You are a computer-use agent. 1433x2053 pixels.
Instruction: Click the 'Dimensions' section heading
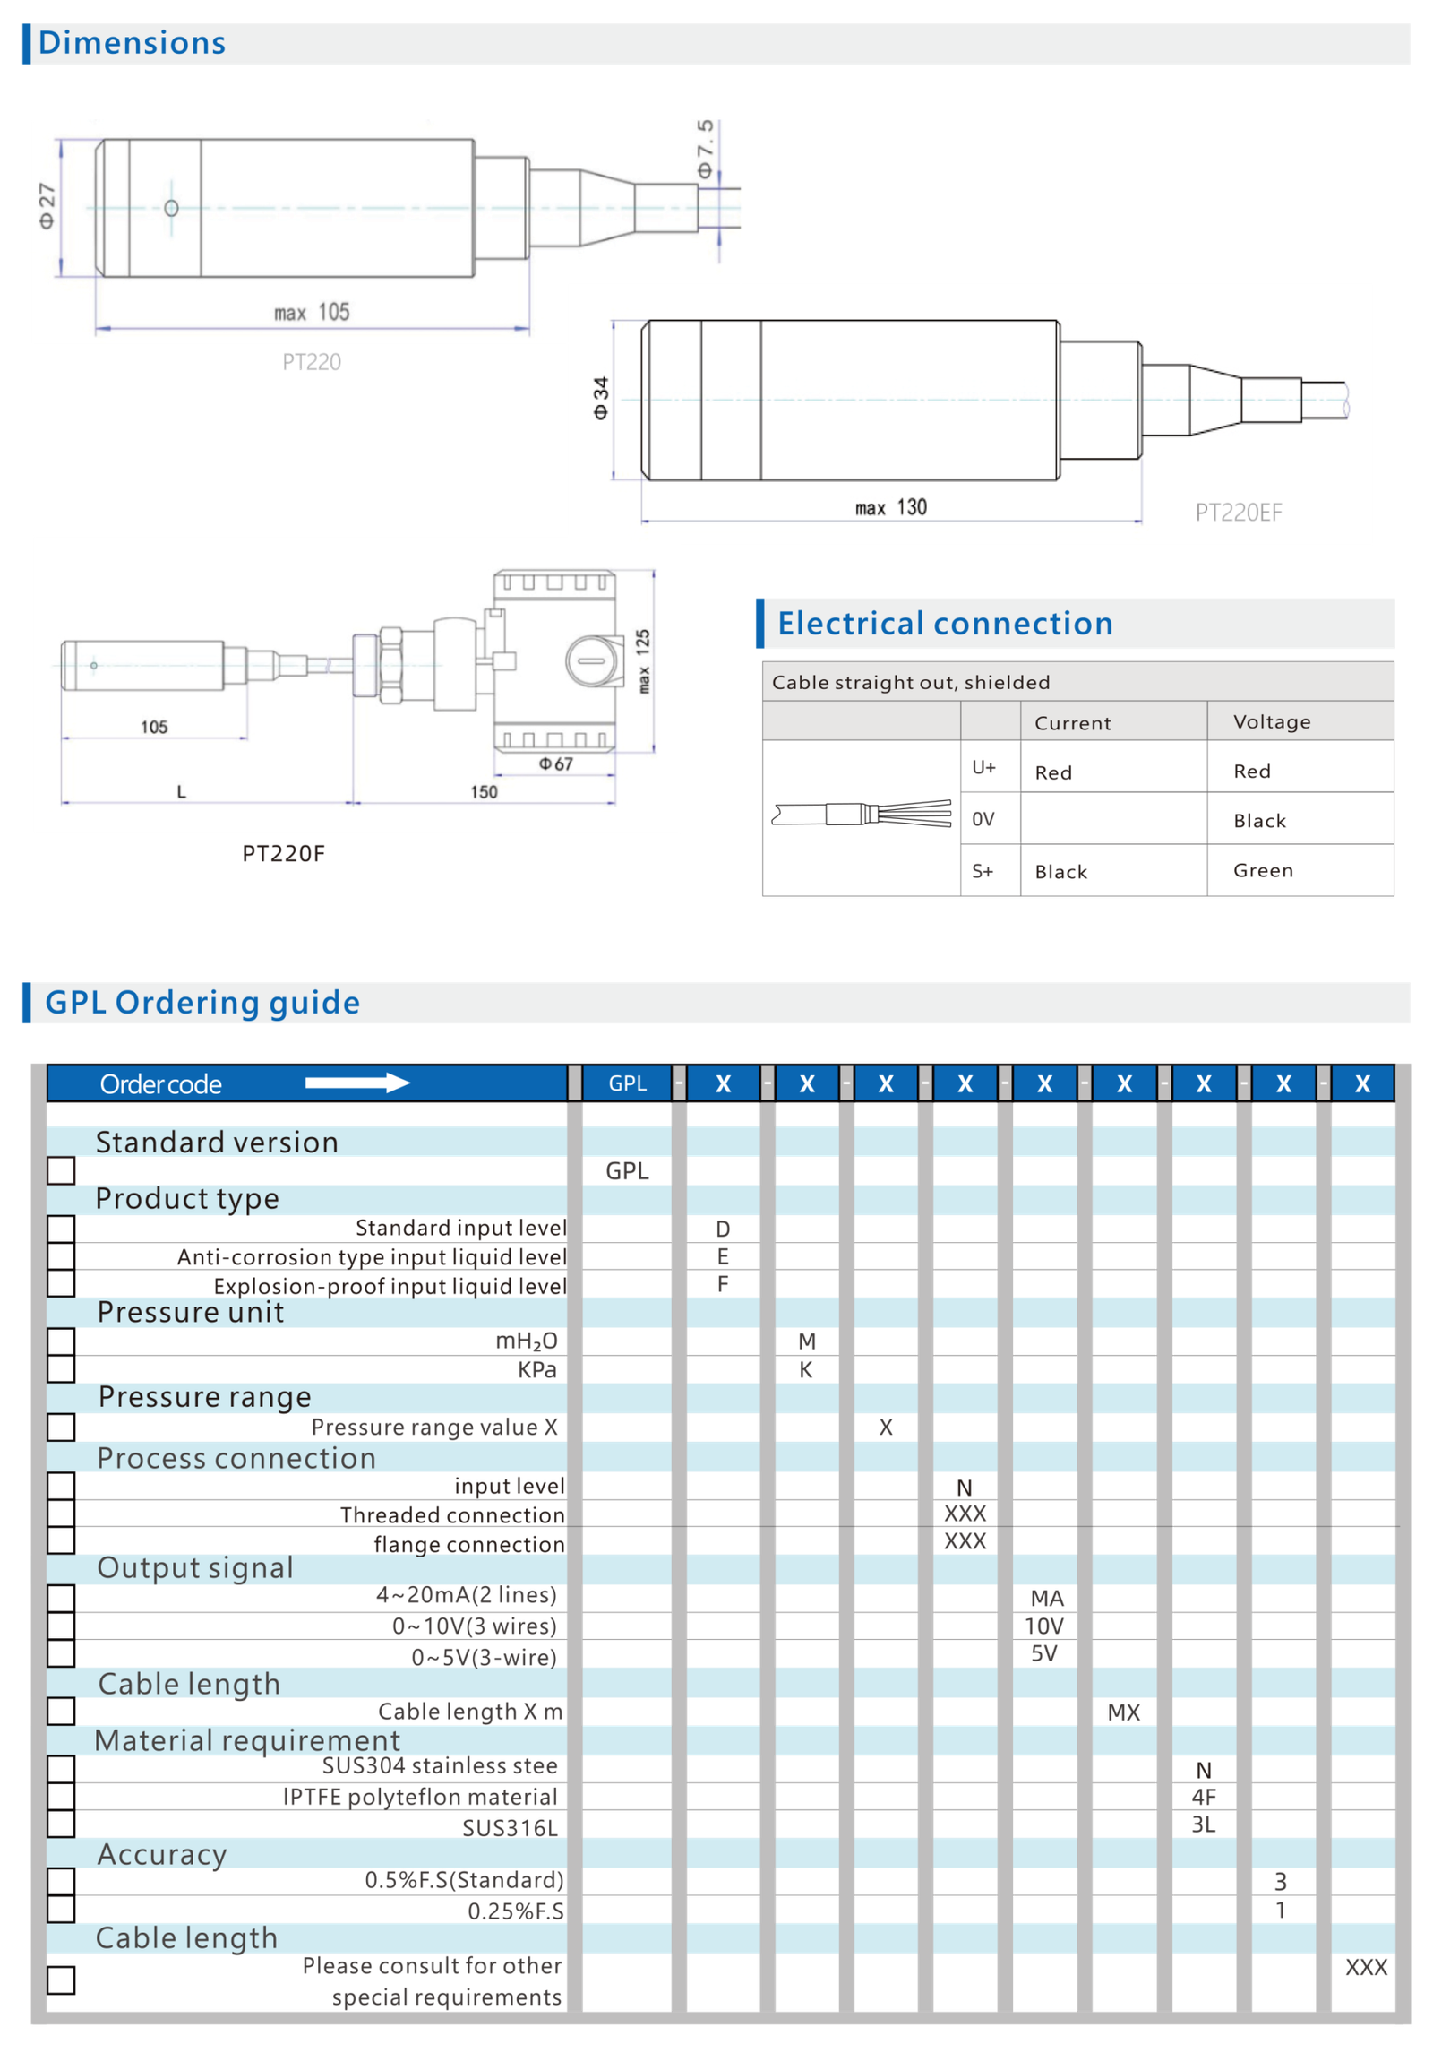(132, 43)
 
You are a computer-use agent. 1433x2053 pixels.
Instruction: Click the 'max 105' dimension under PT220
(312, 312)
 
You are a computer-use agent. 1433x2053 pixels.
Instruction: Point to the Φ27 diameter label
(47, 207)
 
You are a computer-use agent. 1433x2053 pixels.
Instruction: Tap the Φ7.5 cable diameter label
(706, 148)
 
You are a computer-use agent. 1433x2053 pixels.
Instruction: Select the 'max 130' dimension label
(890, 507)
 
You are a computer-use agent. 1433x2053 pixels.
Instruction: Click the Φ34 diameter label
(601, 398)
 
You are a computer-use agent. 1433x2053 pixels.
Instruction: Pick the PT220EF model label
(1238, 513)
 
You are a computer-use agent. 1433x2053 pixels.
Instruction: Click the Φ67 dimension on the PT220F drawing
(555, 764)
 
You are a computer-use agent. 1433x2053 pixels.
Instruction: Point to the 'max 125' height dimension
(643, 660)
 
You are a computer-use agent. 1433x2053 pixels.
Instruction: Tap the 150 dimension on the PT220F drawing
(484, 792)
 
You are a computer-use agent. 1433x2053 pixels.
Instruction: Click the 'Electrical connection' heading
(945, 624)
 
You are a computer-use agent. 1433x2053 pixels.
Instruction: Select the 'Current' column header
(1072, 723)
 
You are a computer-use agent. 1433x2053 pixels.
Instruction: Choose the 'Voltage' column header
(1271, 722)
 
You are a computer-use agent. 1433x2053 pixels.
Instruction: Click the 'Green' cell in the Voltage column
(1263, 870)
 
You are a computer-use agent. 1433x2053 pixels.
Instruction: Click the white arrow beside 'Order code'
(357, 1083)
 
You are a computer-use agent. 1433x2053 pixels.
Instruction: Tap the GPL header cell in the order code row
(627, 1083)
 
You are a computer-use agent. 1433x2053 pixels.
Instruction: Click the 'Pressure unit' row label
(190, 1312)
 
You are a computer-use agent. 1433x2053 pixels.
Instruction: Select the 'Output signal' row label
(194, 1567)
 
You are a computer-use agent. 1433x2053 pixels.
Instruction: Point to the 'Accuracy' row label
(161, 1854)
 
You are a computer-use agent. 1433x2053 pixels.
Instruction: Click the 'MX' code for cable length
(1124, 1712)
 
